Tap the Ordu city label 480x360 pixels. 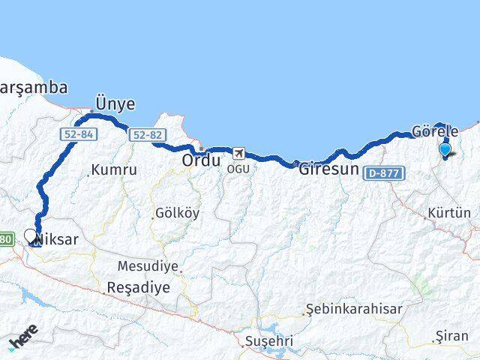pyautogui.click(x=202, y=160)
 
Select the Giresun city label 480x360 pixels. pyautogui.click(x=328, y=169)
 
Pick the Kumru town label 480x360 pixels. pyautogui.click(x=113, y=170)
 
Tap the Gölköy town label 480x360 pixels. pyautogui.click(x=178, y=212)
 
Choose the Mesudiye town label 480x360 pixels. pyautogui.click(x=148, y=266)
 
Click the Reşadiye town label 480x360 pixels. pyautogui.click(x=139, y=287)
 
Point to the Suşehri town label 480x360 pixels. pyautogui.click(x=267, y=342)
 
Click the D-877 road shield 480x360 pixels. pyautogui.click(x=385, y=173)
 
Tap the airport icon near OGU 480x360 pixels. pyautogui.click(x=238, y=153)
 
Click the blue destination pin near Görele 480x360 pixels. pyautogui.click(x=445, y=149)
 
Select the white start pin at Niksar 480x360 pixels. pyautogui.click(x=31, y=237)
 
